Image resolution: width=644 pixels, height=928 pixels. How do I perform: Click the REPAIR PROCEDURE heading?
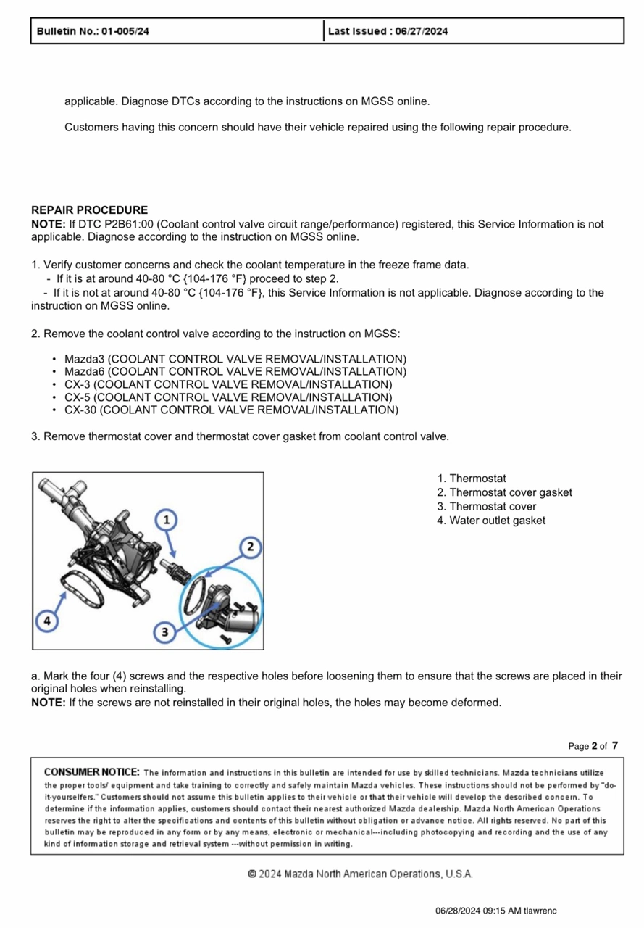coord(89,210)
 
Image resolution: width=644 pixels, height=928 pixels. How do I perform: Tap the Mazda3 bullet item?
coord(235,360)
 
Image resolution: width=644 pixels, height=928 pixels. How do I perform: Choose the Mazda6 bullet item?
coord(235,372)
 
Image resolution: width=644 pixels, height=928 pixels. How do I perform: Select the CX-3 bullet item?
coord(227,384)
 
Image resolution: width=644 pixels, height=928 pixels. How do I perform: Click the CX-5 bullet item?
coord(227,397)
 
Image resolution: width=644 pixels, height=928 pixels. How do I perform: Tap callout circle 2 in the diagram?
coord(249,547)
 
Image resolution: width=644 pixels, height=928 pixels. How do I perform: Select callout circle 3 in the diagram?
coord(164,631)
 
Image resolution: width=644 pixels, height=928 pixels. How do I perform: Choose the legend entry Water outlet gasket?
coord(497,521)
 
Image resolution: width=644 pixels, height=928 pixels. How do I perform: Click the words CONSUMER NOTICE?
coord(92,772)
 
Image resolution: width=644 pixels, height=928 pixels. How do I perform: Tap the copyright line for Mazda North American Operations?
coord(360,874)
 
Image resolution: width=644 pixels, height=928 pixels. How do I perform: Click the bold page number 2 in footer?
coord(594,746)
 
